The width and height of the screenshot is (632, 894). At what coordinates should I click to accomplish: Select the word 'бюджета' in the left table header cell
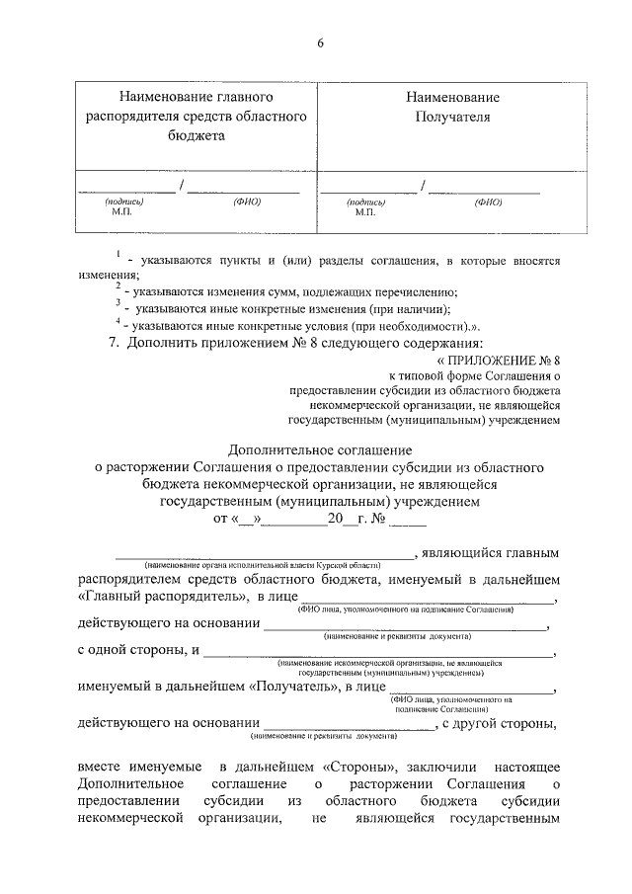pyautogui.click(x=195, y=135)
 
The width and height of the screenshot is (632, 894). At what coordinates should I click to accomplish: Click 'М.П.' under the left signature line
pyautogui.click(x=121, y=211)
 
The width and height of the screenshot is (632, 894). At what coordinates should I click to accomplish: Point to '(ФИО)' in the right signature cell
pyautogui.click(x=488, y=202)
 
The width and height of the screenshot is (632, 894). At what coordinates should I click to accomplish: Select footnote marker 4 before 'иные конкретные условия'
pyautogui.click(x=117, y=320)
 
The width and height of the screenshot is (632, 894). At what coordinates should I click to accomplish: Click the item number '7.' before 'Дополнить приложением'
pyautogui.click(x=115, y=342)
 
